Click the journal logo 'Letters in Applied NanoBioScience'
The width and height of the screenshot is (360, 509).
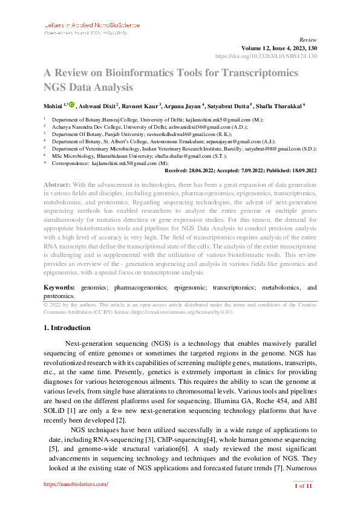tap(91, 25)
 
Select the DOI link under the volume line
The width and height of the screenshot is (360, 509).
tap(266, 56)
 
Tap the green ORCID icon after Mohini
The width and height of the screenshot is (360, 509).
tap(73, 105)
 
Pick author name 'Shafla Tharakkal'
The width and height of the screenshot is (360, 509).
tap(278, 105)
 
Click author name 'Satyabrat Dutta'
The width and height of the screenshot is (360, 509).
tap(231, 105)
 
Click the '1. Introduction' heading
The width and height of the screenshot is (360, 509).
tap(67, 328)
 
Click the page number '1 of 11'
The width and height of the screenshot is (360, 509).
tap(303, 487)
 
